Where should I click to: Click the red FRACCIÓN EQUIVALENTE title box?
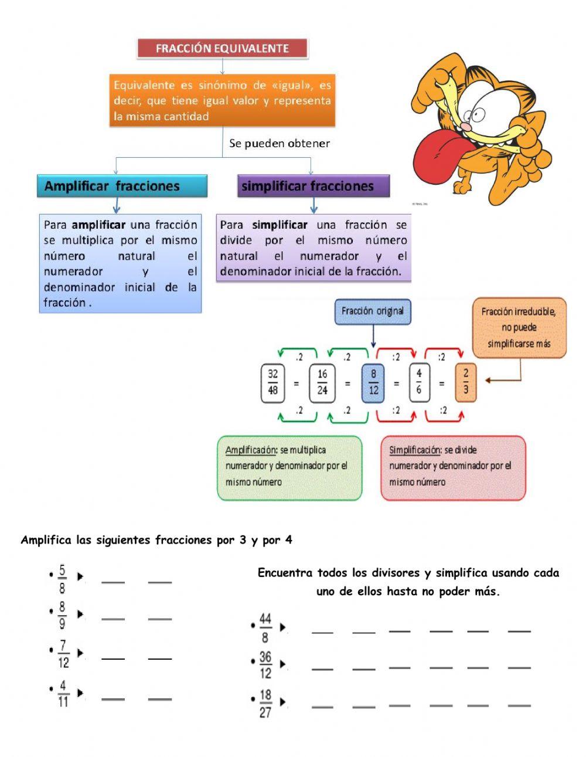tap(222, 49)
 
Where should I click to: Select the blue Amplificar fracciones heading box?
tap(122, 186)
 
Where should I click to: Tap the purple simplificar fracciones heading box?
tap(314, 186)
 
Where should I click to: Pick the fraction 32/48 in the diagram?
tap(272, 382)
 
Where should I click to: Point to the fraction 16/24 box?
tap(322, 382)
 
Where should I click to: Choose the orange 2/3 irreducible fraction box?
tap(465, 382)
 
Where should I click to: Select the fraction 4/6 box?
tap(418, 382)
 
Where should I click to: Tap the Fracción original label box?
tap(373, 311)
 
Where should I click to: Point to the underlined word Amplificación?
tap(250, 450)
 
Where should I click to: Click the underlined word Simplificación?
tap(414, 450)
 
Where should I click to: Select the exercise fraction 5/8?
tap(63, 579)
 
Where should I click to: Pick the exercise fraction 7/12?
tap(63, 654)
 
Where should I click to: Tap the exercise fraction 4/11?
tap(63, 694)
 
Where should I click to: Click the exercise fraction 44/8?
tap(265, 627)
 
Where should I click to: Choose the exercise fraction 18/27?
tap(265, 704)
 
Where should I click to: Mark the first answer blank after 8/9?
tap(113, 618)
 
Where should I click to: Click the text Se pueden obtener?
tap(280, 144)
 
